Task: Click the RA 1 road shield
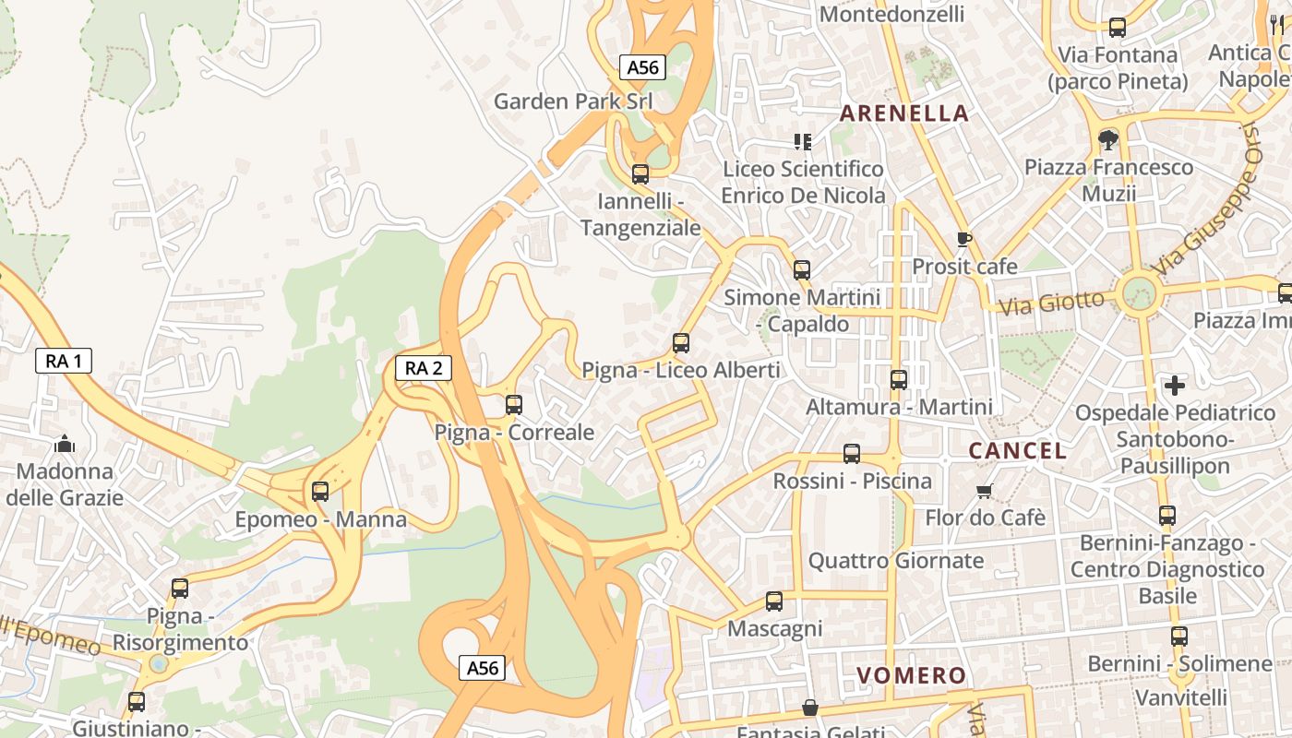click(64, 361)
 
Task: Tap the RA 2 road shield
click(424, 368)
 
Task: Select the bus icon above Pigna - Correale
click(514, 405)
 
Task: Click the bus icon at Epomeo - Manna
click(320, 492)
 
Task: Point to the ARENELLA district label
click(904, 113)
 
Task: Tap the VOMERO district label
click(911, 675)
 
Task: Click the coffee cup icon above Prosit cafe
click(964, 239)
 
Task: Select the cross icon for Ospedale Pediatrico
click(1175, 385)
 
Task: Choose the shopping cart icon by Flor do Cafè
click(985, 491)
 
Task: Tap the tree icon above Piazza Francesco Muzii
click(1108, 140)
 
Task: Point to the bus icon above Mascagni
click(774, 601)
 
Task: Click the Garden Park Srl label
click(573, 101)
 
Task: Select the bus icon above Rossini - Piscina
click(852, 454)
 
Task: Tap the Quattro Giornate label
click(896, 560)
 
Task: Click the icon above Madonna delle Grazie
click(64, 445)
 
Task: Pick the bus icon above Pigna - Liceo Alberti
click(681, 343)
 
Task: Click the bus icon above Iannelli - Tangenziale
click(640, 173)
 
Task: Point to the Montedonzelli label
click(891, 14)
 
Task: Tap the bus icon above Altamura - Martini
click(898, 379)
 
